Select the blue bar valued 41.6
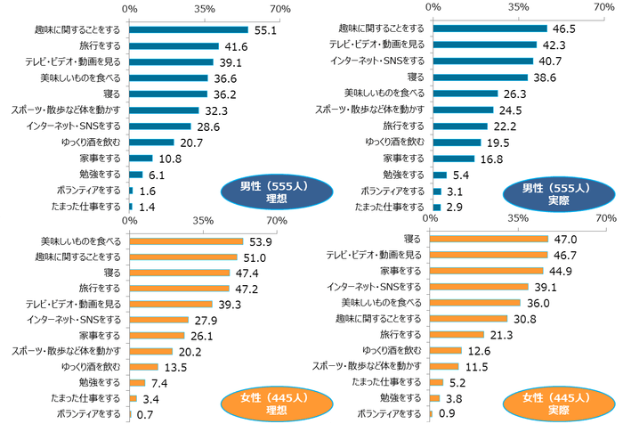[174, 45]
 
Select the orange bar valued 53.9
[186, 241]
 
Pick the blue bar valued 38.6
[479, 77]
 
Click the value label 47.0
[566, 239]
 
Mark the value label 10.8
[170, 158]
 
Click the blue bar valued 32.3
[164, 110]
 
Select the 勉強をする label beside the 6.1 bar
[105, 174]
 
